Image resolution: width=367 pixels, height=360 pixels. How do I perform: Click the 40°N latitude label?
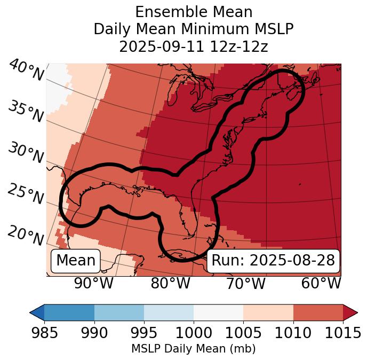pyautogui.click(x=26, y=70)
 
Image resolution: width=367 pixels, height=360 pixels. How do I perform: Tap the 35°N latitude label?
pyautogui.click(x=26, y=111)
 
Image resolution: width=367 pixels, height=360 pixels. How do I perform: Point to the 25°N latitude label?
pyautogui.click(x=26, y=194)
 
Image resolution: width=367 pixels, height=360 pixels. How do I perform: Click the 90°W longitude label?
pyautogui.click(x=93, y=283)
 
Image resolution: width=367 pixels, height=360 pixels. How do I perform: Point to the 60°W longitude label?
pyautogui.click(x=321, y=283)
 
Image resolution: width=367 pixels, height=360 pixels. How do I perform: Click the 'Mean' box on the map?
pyautogui.click(x=76, y=261)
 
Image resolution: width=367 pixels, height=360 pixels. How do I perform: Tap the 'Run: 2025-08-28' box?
pyautogui.click(x=273, y=261)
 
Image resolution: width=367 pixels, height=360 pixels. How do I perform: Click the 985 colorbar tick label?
pyautogui.click(x=44, y=333)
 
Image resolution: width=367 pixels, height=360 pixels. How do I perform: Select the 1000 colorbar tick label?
pyautogui.click(x=194, y=333)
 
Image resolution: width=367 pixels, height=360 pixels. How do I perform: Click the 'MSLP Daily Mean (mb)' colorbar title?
pyautogui.click(x=194, y=349)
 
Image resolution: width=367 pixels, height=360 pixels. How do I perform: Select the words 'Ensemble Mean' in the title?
pyautogui.click(x=194, y=12)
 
